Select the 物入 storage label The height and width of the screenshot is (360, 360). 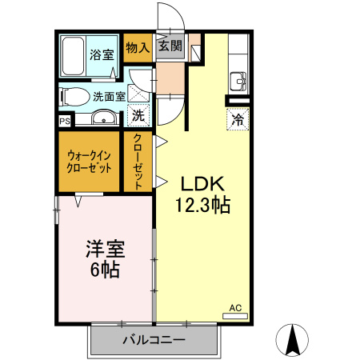pos(138,47)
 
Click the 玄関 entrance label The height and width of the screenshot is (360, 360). pos(169,47)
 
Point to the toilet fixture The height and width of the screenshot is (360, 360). pos(74,97)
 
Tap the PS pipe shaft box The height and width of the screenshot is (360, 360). pos(63,121)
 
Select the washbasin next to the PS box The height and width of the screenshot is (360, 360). pos(102,120)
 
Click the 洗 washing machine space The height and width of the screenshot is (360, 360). pos(138,115)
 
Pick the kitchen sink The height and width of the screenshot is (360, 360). pos(238,81)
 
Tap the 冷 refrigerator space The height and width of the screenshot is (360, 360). pos(238,119)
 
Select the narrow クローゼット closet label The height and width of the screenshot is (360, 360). pos(138,161)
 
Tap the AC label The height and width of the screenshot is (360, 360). pos(235,307)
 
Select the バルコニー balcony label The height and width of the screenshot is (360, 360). pos(154,340)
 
